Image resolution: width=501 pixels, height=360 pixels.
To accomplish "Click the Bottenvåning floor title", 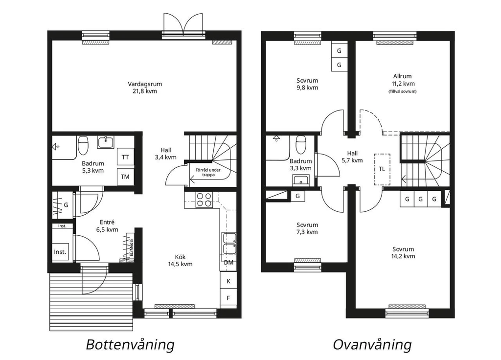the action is click(130, 345).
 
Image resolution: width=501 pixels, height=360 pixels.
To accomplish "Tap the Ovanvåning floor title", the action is click(372, 345).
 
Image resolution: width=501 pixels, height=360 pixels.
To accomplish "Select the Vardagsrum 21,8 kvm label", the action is click(145, 88).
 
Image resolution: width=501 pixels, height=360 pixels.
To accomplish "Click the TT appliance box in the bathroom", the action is click(125, 157).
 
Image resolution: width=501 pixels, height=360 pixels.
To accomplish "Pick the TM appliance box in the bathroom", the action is click(125, 176).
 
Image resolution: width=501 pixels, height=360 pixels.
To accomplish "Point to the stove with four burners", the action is click(204, 200).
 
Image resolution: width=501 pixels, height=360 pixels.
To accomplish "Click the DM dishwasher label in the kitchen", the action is click(228, 263).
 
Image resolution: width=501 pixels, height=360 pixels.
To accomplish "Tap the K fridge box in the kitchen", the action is click(228, 281).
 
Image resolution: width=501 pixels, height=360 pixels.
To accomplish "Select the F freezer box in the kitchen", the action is click(228, 298).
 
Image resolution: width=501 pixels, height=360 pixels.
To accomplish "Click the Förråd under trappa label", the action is click(208, 173).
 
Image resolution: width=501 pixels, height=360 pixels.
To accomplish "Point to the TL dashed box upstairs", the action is click(382, 169).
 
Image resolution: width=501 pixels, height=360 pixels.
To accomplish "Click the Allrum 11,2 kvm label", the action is click(403, 80).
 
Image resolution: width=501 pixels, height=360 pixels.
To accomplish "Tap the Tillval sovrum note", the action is click(403, 91).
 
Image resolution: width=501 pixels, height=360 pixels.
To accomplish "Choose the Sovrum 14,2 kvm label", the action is click(403, 253).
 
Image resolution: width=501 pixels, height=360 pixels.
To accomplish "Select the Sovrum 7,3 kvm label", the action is click(307, 228).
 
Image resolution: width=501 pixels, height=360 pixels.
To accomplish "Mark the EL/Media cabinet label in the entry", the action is click(131, 248).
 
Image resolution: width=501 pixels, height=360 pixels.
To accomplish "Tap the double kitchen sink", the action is click(229, 244).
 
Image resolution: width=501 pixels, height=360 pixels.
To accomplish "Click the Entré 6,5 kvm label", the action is click(107, 226).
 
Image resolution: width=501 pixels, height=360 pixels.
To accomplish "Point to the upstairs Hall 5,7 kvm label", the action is click(352, 157).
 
